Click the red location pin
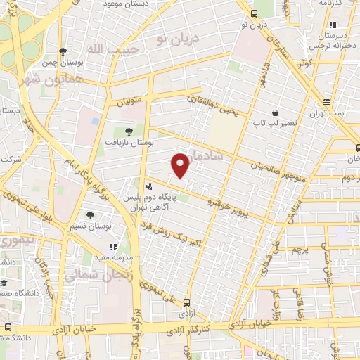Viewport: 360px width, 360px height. pos(181,165)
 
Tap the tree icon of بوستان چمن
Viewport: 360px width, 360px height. pos(63,51)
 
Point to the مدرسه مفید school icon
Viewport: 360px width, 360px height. pos(112,247)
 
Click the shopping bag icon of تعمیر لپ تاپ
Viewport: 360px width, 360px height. pos(275,112)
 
